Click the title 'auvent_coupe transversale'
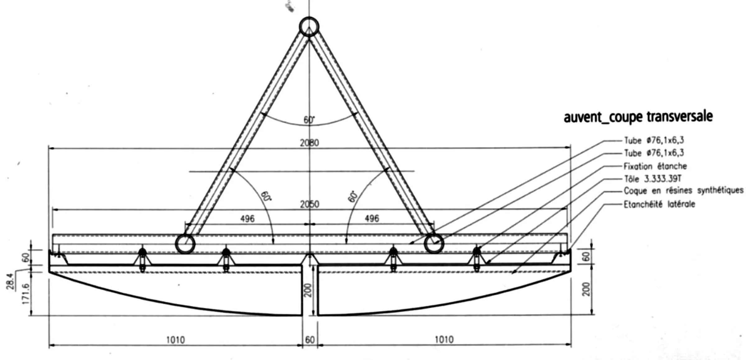(638, 117)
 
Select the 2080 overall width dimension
(309, 143)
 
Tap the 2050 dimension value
(309, 204)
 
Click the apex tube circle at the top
(309, 27)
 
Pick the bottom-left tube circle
(185, 244)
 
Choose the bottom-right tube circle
(434, 244)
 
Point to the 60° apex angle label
(309, 120)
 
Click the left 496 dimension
(247, 219)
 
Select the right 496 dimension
(372, 219)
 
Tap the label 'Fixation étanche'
(655, 166)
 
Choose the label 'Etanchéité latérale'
(659, 204)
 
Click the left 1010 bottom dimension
(176, 340)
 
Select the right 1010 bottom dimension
(444, 339)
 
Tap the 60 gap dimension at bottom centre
(310, 340)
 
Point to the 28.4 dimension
(10, 281)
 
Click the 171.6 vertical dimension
(26, 293)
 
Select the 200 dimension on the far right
(586, 289)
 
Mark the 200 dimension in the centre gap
(308, 290)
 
